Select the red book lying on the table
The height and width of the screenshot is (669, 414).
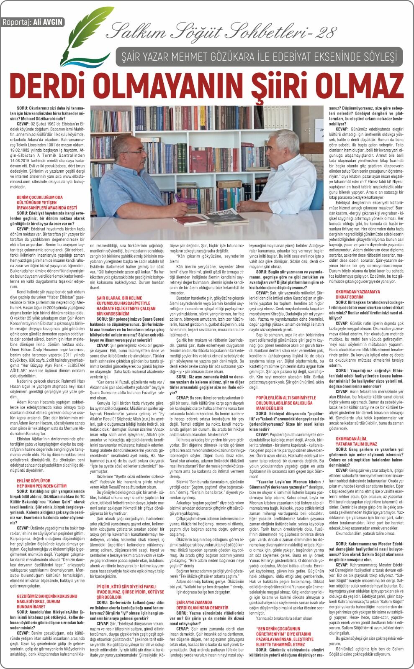[x=196, y=219]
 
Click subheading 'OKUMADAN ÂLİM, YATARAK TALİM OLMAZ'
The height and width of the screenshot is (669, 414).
[x=356, y=441]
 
